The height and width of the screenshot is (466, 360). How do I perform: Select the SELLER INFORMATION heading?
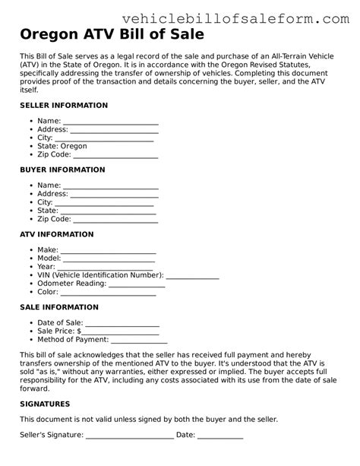64,105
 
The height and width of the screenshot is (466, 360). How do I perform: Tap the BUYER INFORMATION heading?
62,170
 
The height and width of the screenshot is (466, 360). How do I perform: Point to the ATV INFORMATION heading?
57,234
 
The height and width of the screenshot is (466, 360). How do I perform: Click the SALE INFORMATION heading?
59,307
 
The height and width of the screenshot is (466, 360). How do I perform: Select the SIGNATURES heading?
45,404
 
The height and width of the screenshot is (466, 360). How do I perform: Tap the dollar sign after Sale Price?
78,331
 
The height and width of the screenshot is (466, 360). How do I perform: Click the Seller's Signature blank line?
129,437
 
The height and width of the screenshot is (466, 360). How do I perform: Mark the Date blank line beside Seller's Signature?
220,437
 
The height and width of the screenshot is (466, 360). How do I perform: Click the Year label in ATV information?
46,267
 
